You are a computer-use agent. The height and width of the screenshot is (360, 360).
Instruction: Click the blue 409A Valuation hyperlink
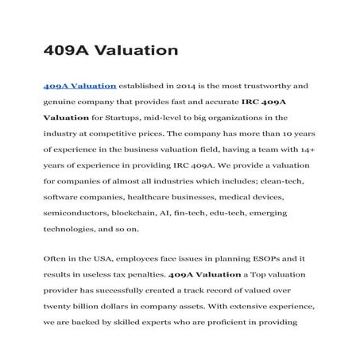click(79, 85)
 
